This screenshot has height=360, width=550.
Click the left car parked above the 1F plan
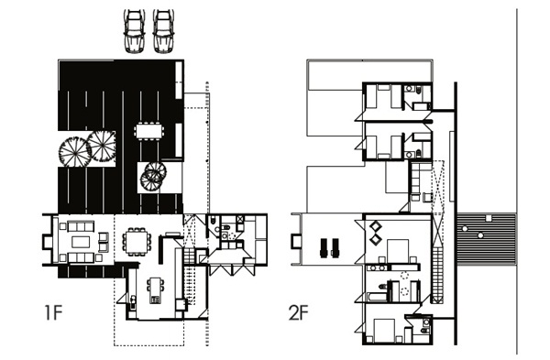coord(135,31)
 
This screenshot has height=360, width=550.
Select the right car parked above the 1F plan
coord(163,31)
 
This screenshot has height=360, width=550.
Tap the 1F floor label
coord(53,313)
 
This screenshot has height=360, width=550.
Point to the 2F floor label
coord(298,313)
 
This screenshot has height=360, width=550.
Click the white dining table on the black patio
coord(149,131)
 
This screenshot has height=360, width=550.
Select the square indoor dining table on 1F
coord(137,242)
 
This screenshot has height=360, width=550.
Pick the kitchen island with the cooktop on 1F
coord(156,290)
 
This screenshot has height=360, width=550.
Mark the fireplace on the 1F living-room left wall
coord(47,242)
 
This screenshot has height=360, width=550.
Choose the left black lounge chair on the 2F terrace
coord(323,248)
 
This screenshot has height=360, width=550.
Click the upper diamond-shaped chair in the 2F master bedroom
coord(375,225)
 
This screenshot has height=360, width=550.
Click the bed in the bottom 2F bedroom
coord(385,330)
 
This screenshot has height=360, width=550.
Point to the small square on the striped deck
coord(489,218)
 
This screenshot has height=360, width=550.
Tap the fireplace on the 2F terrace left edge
coord(296,242)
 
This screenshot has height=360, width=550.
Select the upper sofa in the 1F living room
coord(81,226)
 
